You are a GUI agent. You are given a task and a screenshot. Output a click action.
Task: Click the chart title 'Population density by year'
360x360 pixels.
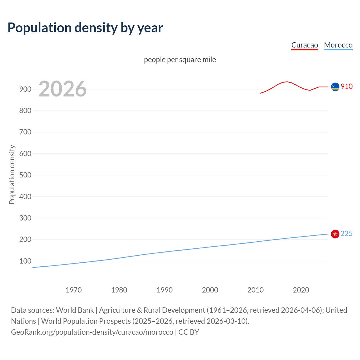click(85, 28)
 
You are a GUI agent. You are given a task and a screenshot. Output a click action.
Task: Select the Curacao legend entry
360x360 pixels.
click(305, 45)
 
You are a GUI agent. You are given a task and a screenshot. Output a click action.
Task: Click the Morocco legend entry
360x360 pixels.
click(338, 45)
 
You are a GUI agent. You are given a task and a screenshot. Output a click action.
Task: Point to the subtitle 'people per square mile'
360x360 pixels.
click(180, 60)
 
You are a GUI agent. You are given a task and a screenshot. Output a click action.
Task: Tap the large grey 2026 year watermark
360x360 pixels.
click(62, 89)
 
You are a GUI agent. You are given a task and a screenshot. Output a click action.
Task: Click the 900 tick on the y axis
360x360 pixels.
click(25, 89)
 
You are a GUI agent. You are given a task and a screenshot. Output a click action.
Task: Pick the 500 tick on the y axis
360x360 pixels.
click(25, 175)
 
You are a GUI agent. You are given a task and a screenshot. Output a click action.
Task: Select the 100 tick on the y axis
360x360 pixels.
click(25, 261)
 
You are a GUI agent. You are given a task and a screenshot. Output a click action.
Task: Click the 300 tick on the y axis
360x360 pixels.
click(25, 218)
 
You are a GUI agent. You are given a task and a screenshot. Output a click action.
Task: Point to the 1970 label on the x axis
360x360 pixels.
click(74, 290)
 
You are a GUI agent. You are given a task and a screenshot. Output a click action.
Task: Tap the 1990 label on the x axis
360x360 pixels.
click(165, 290)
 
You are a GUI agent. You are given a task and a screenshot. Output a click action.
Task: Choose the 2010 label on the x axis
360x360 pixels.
click(255, 290)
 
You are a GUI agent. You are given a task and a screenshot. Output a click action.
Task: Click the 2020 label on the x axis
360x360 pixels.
click(301, 290)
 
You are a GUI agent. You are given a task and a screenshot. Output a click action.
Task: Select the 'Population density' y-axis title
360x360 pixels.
click(12, 174)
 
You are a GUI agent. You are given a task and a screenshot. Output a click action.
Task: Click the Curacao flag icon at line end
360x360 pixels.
click(335, 87)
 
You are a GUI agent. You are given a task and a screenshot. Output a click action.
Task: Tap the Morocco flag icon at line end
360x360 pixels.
click(335, 234)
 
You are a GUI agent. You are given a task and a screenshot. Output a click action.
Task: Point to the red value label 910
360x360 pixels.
click(346, 86)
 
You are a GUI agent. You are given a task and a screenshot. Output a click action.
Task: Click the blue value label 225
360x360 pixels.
click(346, 234)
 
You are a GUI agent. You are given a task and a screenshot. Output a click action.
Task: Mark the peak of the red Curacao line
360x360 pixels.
click(287, 82)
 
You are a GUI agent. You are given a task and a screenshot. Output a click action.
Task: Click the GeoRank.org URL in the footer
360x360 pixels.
click(92, 332)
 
